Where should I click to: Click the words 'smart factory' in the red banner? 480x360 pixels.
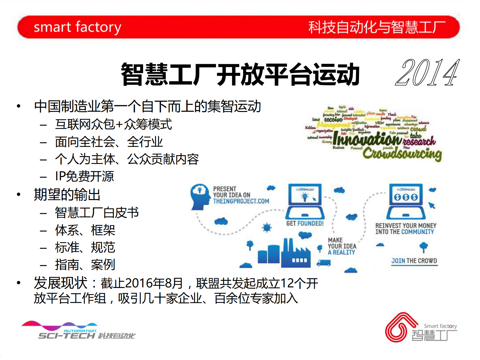point(77,27)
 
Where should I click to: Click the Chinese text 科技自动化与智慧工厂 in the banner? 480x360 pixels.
point(377,27)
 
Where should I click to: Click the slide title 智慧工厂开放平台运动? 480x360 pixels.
point(240,74)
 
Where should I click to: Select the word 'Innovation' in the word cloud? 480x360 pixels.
point(367,139)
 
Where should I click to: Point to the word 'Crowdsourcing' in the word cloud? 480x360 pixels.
point(402,154)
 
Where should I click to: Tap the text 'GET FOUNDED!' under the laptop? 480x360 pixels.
point(305,224)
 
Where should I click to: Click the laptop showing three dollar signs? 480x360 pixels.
point(406,201)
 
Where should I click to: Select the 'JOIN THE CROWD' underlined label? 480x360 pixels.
point(414,261)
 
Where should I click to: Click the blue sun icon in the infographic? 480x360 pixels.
point(267,227)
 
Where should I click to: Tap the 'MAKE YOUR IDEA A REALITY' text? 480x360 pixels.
point(342,246)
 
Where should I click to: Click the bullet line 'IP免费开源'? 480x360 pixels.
point(84,176)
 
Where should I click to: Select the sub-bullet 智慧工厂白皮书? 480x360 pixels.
point(97,213)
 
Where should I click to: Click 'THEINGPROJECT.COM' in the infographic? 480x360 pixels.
point(241,201)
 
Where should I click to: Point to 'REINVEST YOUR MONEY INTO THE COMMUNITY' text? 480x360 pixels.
point(406,229)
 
